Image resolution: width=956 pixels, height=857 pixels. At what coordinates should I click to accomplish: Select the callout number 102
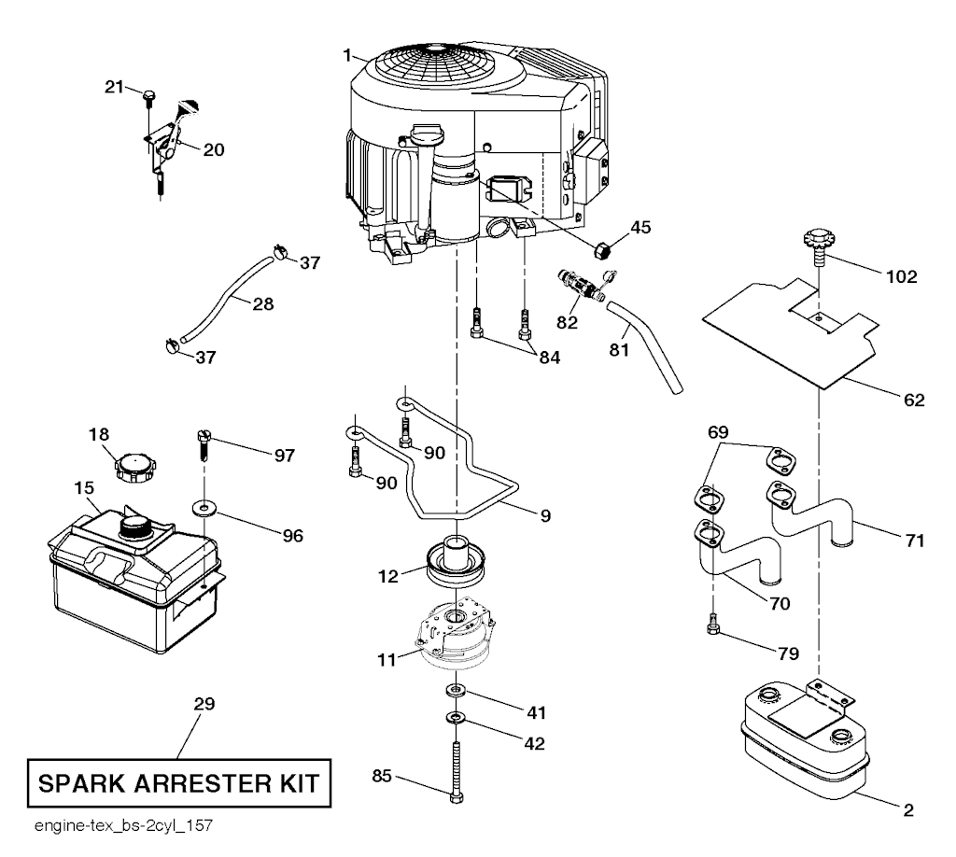click(x=901, y=276)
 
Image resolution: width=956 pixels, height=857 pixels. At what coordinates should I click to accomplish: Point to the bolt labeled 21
click(x=148, y=94)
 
